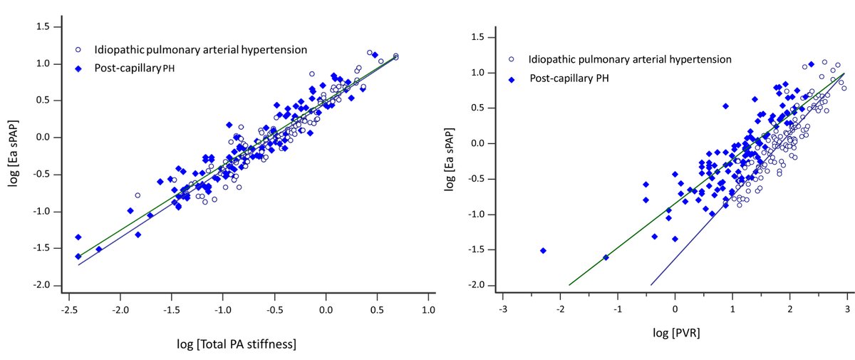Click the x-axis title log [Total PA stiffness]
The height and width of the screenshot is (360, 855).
click(236, 344)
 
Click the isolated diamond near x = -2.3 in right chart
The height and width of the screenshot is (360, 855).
click(543, 250)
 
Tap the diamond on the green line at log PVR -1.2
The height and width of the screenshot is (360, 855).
click(606, 257)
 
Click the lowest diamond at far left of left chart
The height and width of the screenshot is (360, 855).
click(78, 257)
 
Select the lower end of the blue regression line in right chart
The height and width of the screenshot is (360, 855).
click(651, 285)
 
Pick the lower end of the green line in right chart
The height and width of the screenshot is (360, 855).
click(569, 285)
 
